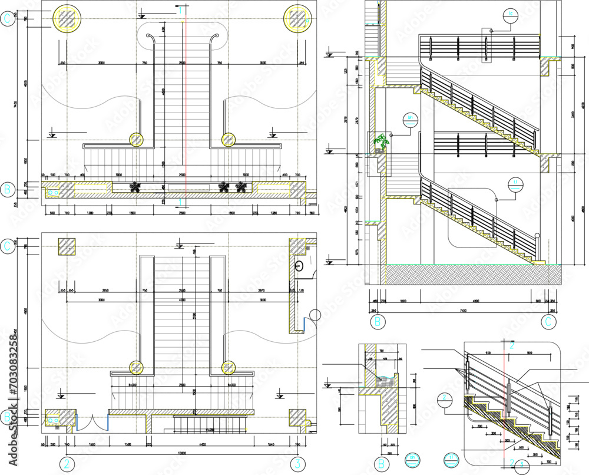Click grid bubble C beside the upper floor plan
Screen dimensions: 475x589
8,19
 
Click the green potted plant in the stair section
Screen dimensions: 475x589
382,142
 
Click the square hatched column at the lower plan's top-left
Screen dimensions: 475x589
66,247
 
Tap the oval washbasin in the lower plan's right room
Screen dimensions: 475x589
299,265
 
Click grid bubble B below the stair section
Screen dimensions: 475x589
378,322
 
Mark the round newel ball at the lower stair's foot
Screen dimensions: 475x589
537,237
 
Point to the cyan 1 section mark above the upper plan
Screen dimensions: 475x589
181,9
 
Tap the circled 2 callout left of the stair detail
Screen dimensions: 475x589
446,399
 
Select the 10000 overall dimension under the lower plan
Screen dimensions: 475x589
182,453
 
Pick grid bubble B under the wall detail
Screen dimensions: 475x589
381,464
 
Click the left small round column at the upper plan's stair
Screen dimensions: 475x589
137,140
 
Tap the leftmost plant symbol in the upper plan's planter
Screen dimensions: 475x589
135,187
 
